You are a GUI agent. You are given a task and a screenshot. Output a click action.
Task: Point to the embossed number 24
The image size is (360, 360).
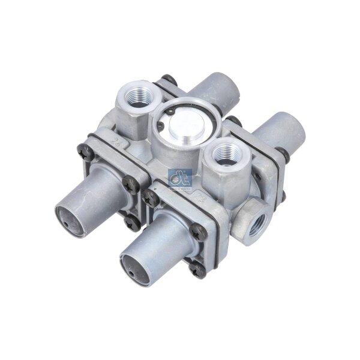tap(116, 143)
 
